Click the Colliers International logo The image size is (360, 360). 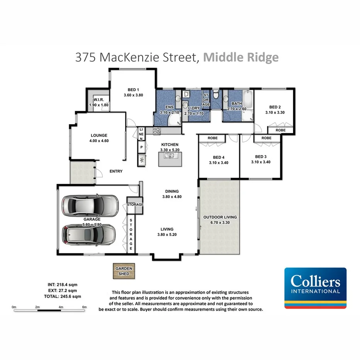[315, 288]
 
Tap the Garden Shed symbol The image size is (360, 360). [123, 272]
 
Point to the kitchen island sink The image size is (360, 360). [170, 156]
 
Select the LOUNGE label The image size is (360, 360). [99, 135]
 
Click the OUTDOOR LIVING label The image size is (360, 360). [220, 217]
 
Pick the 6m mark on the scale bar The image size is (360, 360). [84, 307]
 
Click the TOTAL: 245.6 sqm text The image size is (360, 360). [62, 297]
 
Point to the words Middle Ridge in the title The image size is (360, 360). [241, 57]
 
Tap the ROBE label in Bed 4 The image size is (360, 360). [212, 138]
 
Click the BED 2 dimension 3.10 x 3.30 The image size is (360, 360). [275, 112]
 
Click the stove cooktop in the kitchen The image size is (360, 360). [157, 131]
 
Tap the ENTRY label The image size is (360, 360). [116, 171]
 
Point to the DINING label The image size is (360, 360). [172, 191]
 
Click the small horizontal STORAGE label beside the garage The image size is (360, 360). [135, 204]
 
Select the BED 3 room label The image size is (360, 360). [261, 156]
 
